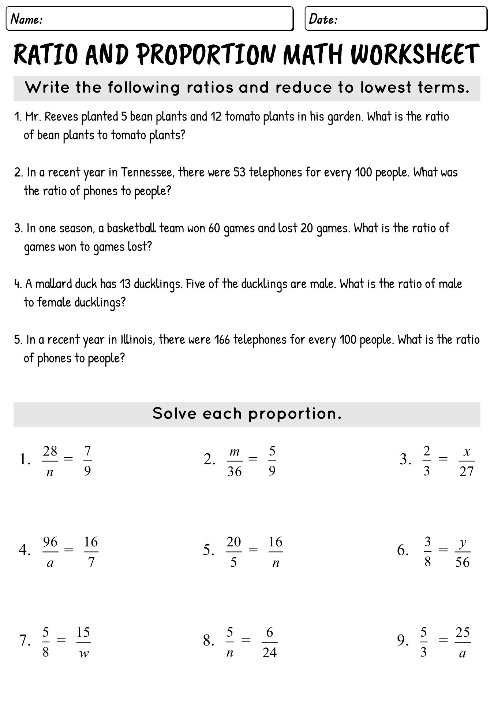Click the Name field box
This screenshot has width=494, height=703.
[x=150, y=19]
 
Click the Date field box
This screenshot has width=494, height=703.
[x=396, y=19]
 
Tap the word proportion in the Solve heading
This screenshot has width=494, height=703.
[x=295, y=414]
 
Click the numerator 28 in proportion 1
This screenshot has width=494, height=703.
[x=50, y=451]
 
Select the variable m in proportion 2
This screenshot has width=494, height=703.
[x=234, y=451]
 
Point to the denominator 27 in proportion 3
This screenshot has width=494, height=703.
[x=466, y=471]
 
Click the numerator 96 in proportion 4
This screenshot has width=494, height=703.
[x=50, y=542]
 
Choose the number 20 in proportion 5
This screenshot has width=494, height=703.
[x=234, y=542]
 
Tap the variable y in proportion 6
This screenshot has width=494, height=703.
[x=463, y=543]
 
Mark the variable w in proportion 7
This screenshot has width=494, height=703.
[x=84, y=654]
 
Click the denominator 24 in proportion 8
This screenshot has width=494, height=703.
[x=269, y=652]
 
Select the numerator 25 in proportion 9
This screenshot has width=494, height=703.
[x=463, y=632]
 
